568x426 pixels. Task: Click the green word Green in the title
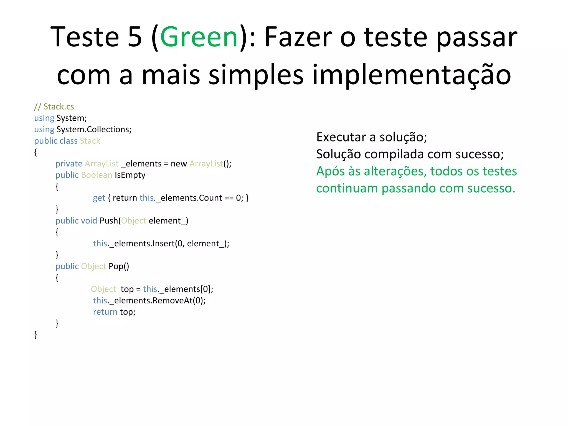[199, 37]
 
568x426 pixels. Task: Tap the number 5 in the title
[135, 37]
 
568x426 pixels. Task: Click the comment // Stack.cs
[54, 106]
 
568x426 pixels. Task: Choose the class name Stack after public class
[90, 141]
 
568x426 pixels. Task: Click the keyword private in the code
[69, 164]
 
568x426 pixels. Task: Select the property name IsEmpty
[130, 175]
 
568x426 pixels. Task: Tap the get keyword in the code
[99, 198]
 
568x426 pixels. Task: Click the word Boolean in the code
[97, 175]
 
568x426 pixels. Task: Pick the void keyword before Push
[89, 221]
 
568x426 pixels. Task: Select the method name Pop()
[119, 266]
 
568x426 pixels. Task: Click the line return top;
[114, 312]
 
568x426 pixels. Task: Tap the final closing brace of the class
[36, 335]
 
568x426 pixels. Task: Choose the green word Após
[330, 171]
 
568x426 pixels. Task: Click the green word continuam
[347, 188]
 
